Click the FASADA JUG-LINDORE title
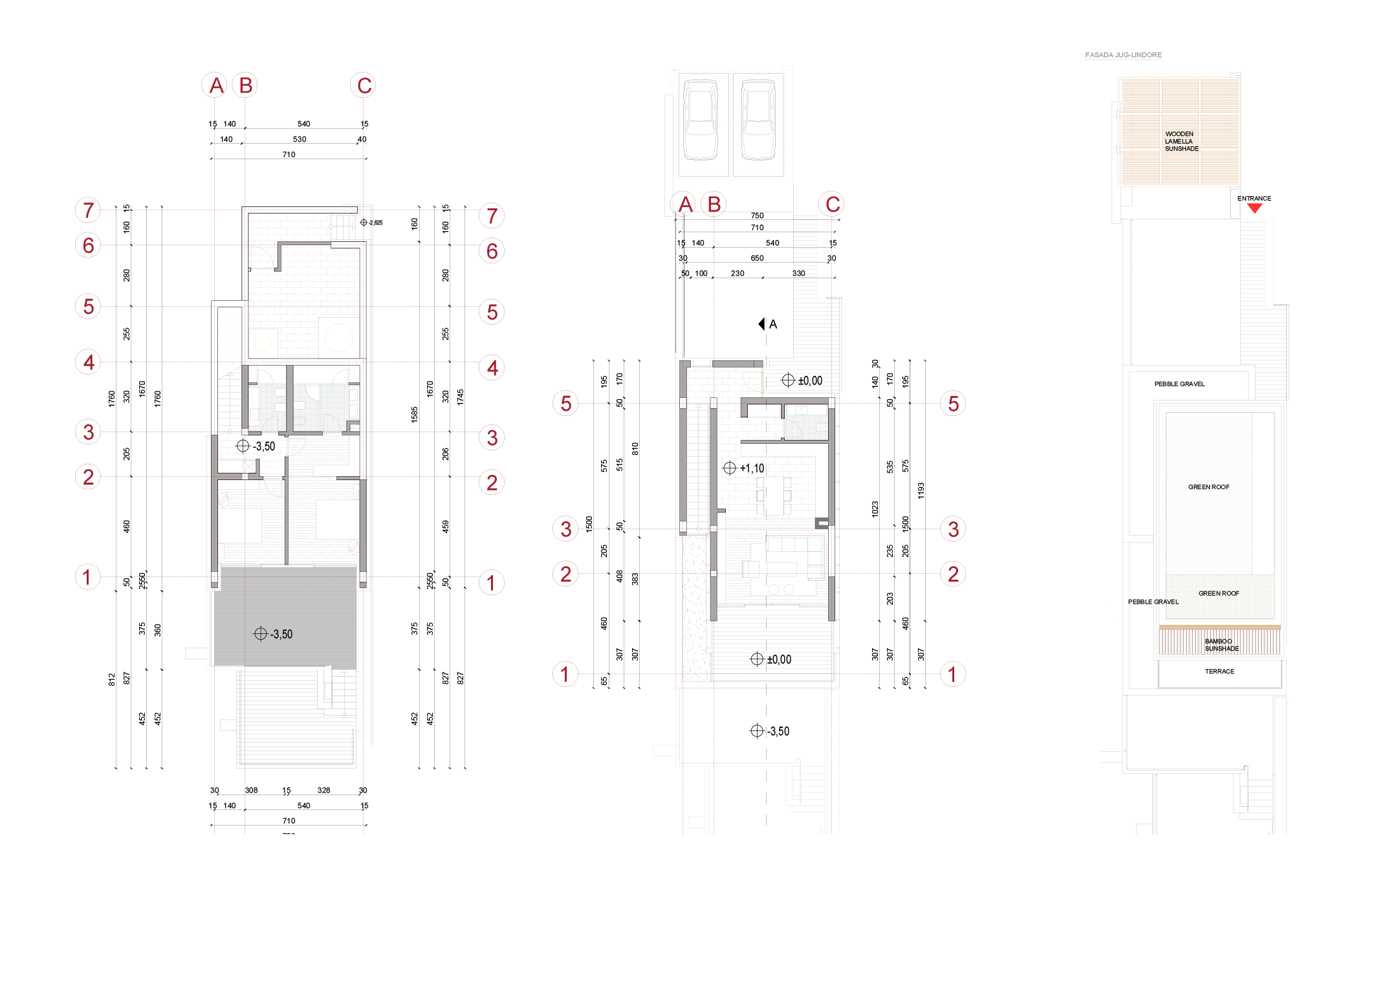tap(1123, 55)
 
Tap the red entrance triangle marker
tap(1254, 208)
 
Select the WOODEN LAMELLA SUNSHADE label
tap(1181, 141)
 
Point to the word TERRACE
tap(1220, 672)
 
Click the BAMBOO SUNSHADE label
tap(1221, 645)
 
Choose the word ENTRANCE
tap(1254, 199)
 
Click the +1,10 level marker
tap(744, 468)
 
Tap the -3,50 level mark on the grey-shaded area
tap(274, 634)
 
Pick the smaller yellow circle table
tap(263, 343)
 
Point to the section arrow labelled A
tap(767, 324)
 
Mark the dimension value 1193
tap(921, 490)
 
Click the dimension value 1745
tap(460, 397)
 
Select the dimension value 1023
tap(875, 509)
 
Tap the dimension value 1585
tap(414, 414)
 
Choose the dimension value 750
tap(757, 215)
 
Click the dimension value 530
tap(300, 139)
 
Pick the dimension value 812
tap(111, 679)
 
